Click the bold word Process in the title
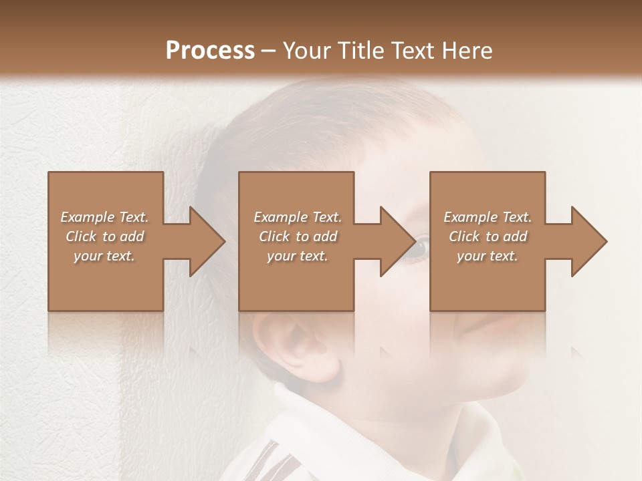pos(210,51)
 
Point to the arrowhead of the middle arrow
pos(397,241)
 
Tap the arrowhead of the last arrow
pos(588,241)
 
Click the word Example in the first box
pos(88,217)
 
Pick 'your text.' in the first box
pos(104,256)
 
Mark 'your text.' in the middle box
pos(298,256)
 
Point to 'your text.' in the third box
pos(488,256)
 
